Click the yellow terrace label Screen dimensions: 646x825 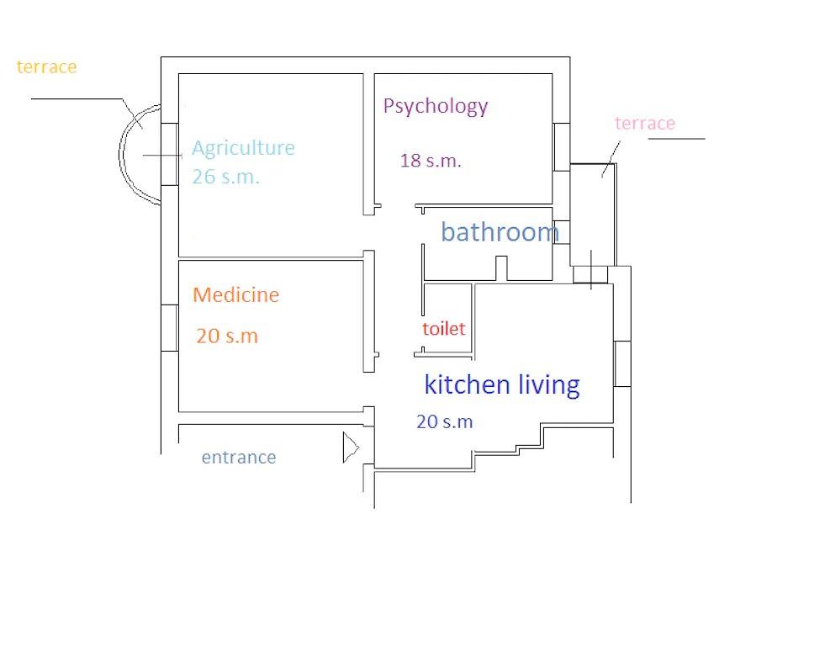click(x=46, y=67)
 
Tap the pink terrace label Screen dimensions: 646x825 click(x=644, y=124)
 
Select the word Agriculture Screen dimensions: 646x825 click(x=243, y=148)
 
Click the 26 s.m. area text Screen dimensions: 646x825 click(x=225, y=177)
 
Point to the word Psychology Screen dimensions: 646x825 click(x=435, y=106)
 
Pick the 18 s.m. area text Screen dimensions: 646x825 click(x=431, y=161)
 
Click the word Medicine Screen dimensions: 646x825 click(x=235, y=295)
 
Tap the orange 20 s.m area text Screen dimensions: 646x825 click(x=227, y=336)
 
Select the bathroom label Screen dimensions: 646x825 click(x=500, y=232)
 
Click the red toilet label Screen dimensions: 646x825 click(x=443, y=329)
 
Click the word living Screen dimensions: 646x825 click(x=547, y=384)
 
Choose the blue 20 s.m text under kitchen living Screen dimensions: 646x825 click(x=444, y=422)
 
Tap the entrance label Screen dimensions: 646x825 click(x=239, y=458)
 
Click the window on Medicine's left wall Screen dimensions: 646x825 click(x=169, y=328)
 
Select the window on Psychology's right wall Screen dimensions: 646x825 click(x=561, y=147)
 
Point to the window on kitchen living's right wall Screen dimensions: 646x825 click(x=622, y=363)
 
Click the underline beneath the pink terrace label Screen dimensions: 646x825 click(x=676, y=138)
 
